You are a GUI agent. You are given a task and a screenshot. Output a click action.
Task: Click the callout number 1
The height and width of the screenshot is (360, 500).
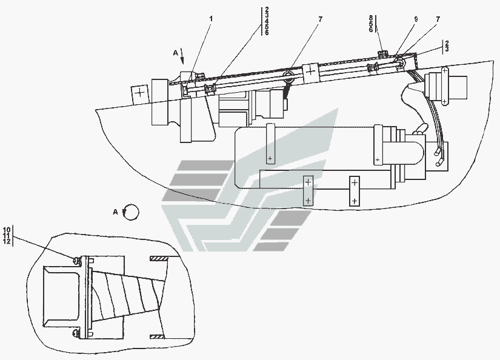[210, 19]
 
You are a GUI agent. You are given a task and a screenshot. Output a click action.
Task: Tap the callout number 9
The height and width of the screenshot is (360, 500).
[416, 19]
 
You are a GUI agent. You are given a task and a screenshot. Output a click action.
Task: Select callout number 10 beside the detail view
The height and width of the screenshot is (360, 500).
[7, 230]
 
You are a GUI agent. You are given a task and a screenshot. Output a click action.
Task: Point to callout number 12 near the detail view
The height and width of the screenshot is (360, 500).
[7, 241]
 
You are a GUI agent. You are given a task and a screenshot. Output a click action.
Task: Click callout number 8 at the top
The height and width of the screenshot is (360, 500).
[371, 18]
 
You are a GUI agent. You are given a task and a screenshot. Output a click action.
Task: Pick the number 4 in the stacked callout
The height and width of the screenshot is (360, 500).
[267, 21]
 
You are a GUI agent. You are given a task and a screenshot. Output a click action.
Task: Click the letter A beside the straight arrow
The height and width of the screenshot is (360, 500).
[175, 53]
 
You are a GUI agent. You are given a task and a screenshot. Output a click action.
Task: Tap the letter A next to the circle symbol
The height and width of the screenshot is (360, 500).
[115, 212]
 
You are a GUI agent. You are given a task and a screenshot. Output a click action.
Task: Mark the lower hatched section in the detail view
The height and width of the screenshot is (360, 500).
[158, 336]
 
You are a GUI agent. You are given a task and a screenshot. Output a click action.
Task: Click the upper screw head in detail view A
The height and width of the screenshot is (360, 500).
[76, 261]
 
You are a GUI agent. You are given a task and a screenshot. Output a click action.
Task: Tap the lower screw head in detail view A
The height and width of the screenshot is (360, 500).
[76, 333]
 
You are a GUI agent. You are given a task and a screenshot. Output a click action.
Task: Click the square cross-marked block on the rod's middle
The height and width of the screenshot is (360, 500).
[310, 70]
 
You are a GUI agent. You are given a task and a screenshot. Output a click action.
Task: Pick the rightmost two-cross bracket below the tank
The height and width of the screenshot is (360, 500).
[355, 192]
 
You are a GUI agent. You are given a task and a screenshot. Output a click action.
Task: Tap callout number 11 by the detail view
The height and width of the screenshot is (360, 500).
[7, 235]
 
